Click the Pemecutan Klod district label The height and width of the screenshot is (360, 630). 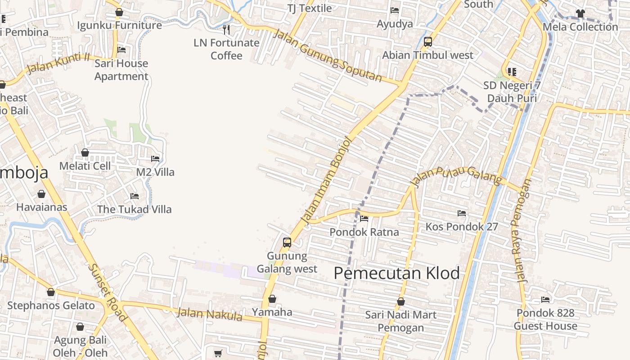(397, 273)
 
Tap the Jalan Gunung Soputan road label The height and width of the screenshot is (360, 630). (328, 56)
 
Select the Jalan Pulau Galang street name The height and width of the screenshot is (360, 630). (456, 176)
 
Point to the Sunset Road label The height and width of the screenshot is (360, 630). (107, 292)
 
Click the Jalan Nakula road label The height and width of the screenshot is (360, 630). (209, 314)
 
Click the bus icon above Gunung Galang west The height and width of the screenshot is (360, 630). (287, 243)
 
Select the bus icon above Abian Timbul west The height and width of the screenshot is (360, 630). (427, 42)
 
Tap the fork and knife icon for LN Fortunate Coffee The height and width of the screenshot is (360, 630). (226, 30)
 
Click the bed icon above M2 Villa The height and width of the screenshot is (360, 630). (155, 159)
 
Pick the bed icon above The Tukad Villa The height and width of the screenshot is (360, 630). (134, 196)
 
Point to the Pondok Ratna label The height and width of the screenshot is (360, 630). (364, 232)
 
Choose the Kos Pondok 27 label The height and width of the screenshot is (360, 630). (462, 226)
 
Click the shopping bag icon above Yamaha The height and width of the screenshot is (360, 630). (272, 299)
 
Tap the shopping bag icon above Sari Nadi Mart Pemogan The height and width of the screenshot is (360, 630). (400, 301)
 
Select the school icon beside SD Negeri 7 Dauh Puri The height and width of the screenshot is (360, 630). (512, 72)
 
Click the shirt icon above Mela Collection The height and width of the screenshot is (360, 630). (580, 13)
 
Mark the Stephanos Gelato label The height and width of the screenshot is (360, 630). (51, 306)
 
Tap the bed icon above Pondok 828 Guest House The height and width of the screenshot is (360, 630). (545, 300)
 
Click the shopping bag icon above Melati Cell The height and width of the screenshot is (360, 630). (85, 153)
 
